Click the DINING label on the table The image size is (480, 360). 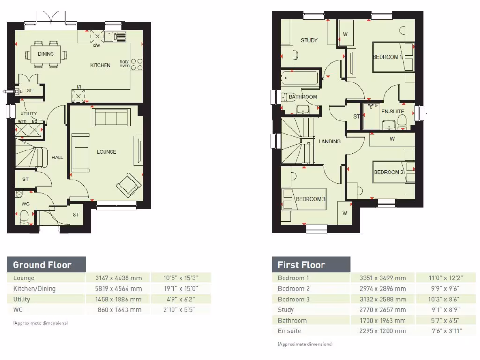(46, 54)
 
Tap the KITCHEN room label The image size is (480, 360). (100, 65)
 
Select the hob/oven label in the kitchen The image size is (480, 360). (125, 64)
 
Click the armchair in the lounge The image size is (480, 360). (128, 185)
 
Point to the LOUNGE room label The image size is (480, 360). (106, 152)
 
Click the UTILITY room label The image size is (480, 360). (29, 114)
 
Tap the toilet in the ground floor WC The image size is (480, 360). (24, 216)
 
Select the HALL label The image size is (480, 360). (57, 157)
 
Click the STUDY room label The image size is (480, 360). (309, 40)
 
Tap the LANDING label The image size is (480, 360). (330, 141)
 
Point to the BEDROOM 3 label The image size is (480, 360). (310, 199)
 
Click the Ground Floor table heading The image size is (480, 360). (42, 265)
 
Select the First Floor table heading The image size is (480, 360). (301, 265)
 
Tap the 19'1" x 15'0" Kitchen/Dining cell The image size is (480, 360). (181, 289)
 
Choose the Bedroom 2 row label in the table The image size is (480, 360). (294, 289)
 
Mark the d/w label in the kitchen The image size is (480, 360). (96, 45)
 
